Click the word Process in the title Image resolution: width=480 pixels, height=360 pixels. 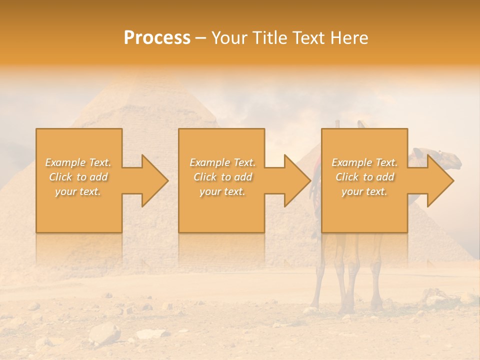157,38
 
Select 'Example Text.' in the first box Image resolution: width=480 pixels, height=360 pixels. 78,162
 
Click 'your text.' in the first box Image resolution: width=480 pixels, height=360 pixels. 78,191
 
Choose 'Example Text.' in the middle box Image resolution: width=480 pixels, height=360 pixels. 222,162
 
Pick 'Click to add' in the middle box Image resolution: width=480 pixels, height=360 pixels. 222,177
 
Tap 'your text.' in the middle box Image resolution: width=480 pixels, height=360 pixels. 222,191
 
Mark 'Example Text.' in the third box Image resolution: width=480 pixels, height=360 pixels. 364,162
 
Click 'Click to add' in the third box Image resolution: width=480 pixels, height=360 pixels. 364,177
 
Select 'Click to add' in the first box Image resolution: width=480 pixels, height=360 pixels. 78,177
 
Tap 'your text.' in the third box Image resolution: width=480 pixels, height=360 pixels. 364,191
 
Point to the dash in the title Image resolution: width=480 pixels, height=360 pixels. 200,38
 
